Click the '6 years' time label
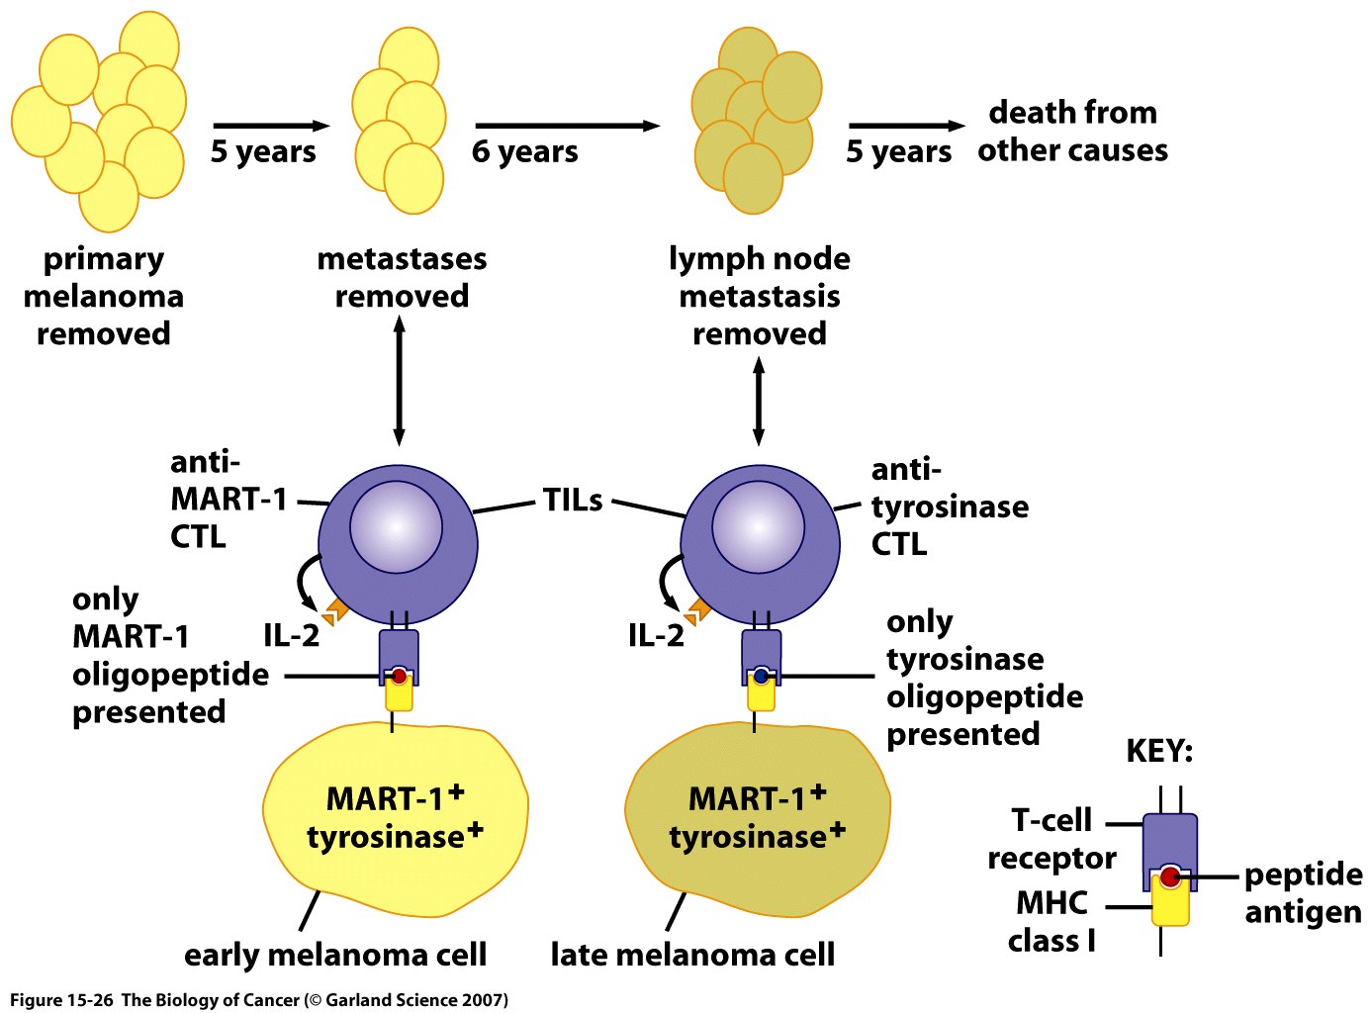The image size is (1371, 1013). tap(524, 151)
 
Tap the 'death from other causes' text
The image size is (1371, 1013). tap(1072, 131)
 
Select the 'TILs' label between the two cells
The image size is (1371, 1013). tap(573, 501)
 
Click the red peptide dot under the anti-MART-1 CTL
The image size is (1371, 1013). tap(399, 677)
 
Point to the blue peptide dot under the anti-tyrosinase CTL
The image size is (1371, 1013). tap(761, 677)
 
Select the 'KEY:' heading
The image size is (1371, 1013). tap(1159, 751)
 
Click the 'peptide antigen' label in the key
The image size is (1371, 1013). tap(1303, 892)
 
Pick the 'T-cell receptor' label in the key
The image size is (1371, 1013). tap(1052, 839)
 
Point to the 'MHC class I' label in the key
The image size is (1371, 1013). tap(1051, 921)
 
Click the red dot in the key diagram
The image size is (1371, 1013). tap(1170, 876)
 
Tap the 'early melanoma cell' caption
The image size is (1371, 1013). tap(335, 955)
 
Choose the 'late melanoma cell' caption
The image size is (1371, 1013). tap(692, 955)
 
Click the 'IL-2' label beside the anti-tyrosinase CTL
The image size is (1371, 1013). tap(656, 635)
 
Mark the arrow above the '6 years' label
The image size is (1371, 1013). tap(567, 126)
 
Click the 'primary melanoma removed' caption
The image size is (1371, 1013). tap(104, 296)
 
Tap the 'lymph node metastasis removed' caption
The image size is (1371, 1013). tap(760, 296)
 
